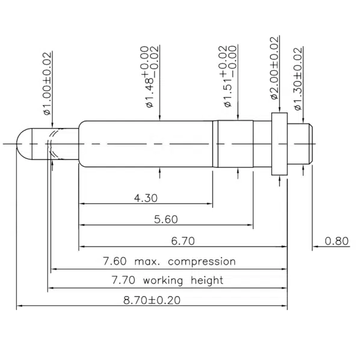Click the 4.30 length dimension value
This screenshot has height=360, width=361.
146,198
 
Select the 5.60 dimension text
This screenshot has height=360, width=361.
166,219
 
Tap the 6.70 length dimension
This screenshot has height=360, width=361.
183,241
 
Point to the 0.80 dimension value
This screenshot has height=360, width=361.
336,241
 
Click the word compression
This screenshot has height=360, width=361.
202,262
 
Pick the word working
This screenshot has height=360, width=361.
163,281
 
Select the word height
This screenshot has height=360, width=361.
207,281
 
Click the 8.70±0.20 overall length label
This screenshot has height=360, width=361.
152,300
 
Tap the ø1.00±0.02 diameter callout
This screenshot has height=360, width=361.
47,84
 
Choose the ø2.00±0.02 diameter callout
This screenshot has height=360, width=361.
274,68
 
